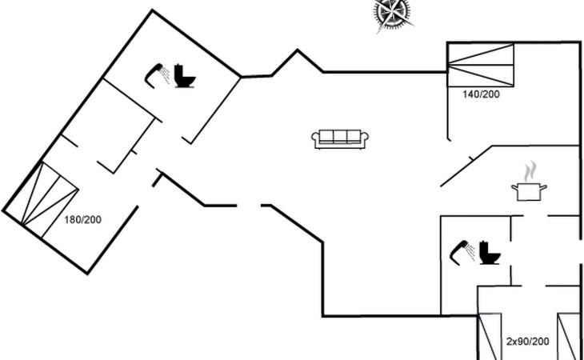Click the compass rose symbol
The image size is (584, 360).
(393, 14)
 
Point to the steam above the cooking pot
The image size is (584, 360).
(529, 172)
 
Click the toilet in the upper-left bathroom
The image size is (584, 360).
(186, 76)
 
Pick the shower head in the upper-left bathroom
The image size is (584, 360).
(158, 73)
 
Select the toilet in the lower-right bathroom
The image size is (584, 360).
(489, 252)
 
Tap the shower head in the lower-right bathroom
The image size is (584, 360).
(462, 249)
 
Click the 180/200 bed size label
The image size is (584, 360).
(83, 219)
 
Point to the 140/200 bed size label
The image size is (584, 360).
(482, 94)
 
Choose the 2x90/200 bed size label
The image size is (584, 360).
(527, 342)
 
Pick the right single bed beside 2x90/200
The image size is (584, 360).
(568, 336)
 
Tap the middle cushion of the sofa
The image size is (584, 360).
(340, 137)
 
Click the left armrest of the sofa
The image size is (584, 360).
(314, 140)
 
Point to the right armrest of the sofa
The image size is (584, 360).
(366, 140)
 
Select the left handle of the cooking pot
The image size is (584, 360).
(514, 188)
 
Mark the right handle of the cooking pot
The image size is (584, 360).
(545, 188)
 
